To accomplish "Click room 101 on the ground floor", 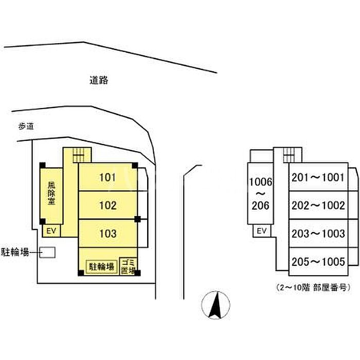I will pyautogui.click(x=107, y=178).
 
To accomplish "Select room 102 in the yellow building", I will pyautogui.click(x=107, y=206).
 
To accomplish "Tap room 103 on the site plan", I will pyautogui.click(x=107, y=233).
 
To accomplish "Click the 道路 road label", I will pyautogui.click(x=98, y=80).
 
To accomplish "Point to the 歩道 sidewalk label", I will pyautogui.click(x=26, y=126).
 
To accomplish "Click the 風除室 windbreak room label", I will pyautogui.click(x=51, y=193).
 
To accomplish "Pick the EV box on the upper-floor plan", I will pyautogui.click(x=261, y=231).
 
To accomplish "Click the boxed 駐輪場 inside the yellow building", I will pyautogui.click(x=101, y=266).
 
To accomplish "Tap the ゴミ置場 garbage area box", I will pyautogui.click(x=128, y=266).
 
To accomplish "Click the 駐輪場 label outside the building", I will pyautogui.click(x=14, y=252).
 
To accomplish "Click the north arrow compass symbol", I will pyautogui.click(x=217, y=304).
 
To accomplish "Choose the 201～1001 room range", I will pyautogui.click(x=317, y=178).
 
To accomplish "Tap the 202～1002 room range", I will pyautogui.click(x=317, y=206).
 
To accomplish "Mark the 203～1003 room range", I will pyautogui.click(x=317, y=233).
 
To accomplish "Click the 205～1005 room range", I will pyautogui.click(x=317, y=261).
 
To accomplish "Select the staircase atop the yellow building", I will pyautogui.click(x=78, y=153).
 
